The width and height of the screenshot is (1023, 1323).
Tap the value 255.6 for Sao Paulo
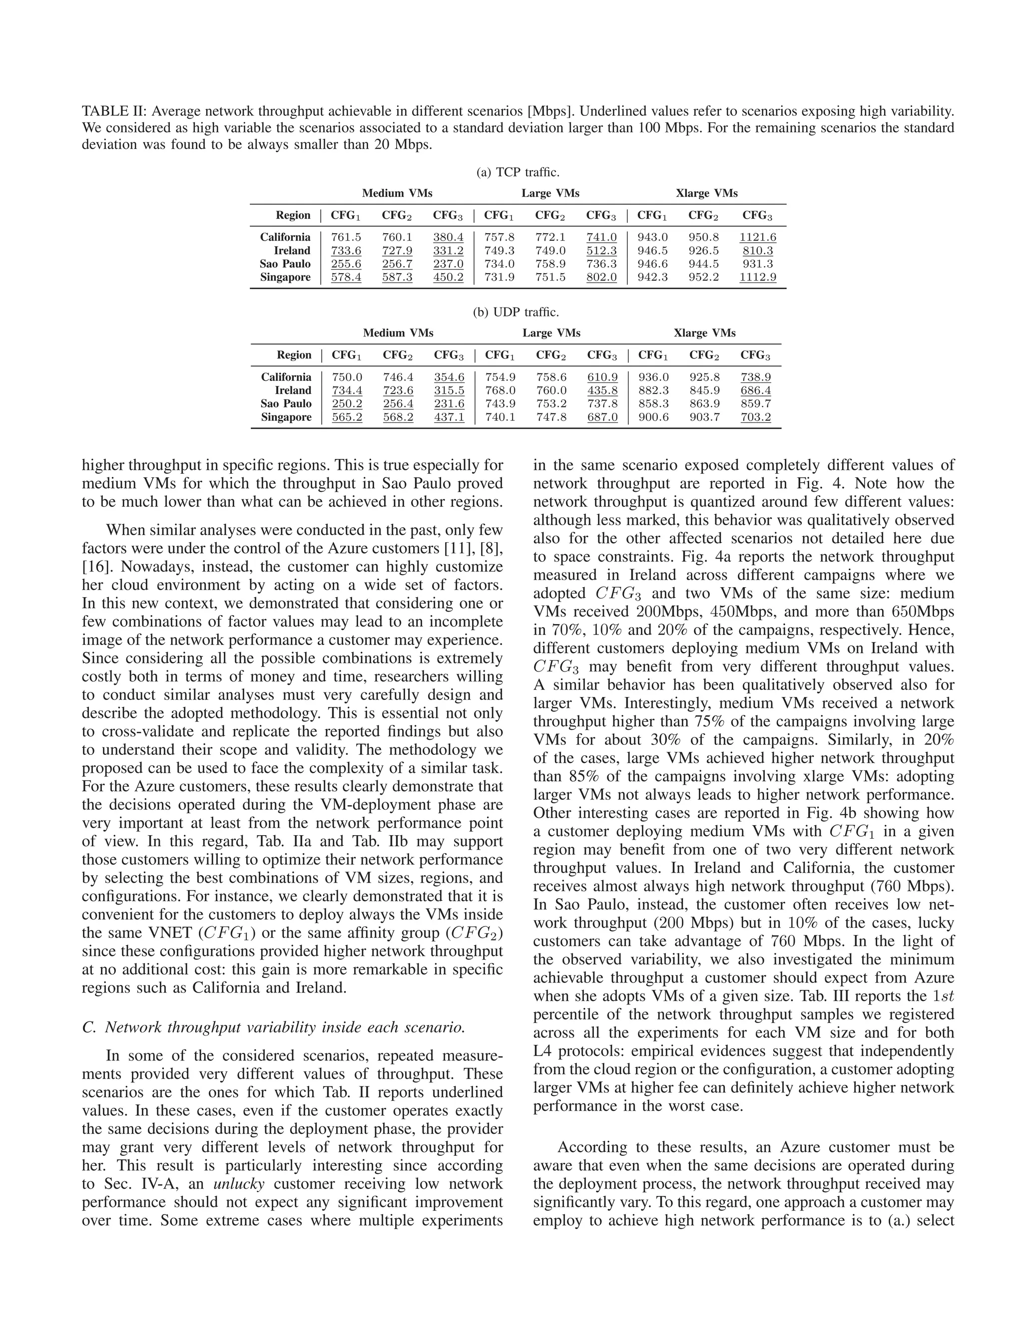click(x=346, y=264)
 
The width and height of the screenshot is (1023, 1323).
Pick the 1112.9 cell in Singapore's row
click(x=758, y=277)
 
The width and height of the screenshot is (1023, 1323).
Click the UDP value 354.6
click(x=449, y=377)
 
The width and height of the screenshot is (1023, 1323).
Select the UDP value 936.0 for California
click(x=653, y=377)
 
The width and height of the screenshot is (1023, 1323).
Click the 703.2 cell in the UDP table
click(x=756, y=417)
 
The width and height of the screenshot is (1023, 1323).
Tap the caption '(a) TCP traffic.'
click(x=517, y=172)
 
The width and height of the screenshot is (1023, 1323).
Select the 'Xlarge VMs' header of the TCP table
click(x=707, y=193)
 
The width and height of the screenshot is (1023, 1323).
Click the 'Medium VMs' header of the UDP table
click(x=398, y=333)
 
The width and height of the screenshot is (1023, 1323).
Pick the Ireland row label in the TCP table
click(x=292, y=250)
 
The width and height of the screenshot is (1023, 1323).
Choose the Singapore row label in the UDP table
click(x=286, y=417)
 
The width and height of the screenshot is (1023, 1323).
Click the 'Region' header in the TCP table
click(x=293, y=215)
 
